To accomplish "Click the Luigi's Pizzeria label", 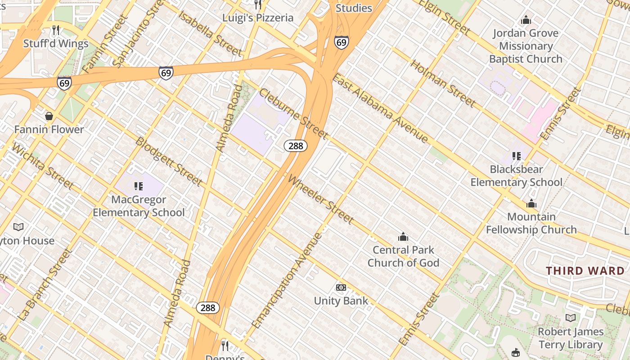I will coord(258,18).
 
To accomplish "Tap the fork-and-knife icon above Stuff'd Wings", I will coord(56,30).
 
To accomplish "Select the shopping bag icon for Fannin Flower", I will coord(49,116).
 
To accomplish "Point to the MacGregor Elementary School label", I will coord(139,206).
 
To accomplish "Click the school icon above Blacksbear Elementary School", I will coord(516,156).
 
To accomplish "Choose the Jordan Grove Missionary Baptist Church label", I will coord(526,46).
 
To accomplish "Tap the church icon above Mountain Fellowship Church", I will coord(531,203).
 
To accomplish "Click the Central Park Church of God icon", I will coord(403,237).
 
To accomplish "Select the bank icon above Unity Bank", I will coord(341,288).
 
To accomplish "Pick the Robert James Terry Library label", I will coord(571,338).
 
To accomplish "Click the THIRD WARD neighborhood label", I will coord(585,271).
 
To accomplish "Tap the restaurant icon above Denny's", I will coord(225,346).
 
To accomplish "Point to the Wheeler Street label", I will coord(320,199).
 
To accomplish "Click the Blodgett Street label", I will coord(169,161).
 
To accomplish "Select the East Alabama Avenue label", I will coord(380,108).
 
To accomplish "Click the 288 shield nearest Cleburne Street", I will coord(296,146).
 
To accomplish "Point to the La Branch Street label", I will coord(45,284).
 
